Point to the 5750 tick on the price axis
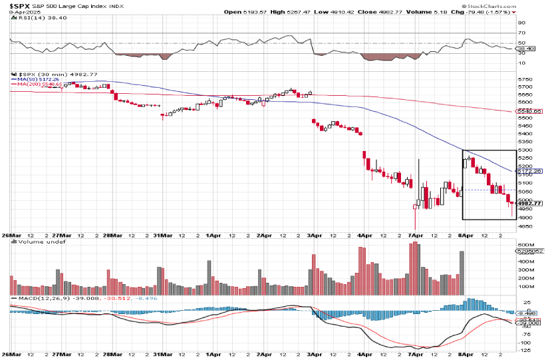pos(524,79)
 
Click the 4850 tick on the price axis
pos(524,226)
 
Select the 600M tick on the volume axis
pos(525,245)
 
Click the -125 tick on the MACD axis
pos(525,349)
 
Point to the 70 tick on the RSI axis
pos(521,33)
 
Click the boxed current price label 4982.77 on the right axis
pos(530,204)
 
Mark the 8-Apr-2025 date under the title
pos(17,12)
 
